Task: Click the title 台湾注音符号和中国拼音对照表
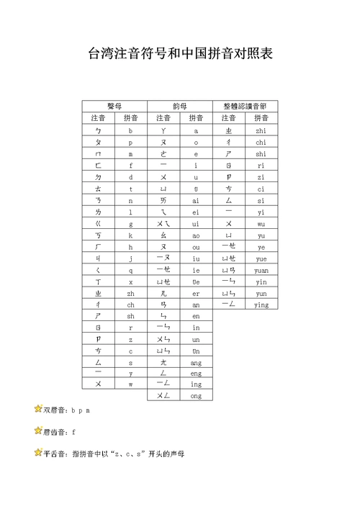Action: click(180, 54)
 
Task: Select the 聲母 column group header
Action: click(114, 106)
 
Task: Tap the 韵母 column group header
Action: click(179, 106)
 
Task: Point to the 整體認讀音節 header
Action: click(245, 106)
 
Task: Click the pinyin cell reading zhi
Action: click(261, 131)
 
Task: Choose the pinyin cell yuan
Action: click(261, 270)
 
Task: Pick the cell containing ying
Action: click(261, 305)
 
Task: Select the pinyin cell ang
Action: click(196, 363)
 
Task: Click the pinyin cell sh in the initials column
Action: click(130, 317)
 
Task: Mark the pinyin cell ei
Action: click(196, 212)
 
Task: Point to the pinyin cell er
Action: click(196, 294)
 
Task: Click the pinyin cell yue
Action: click(261, 258)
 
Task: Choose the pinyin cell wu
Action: click(261, 224)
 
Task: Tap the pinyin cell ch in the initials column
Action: click(130, 305)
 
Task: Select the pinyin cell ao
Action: click(196, 235)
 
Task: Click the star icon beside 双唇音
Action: click(38, 409)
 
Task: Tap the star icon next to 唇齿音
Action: click(38, 431)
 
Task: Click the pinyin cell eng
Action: click(196, 374)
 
